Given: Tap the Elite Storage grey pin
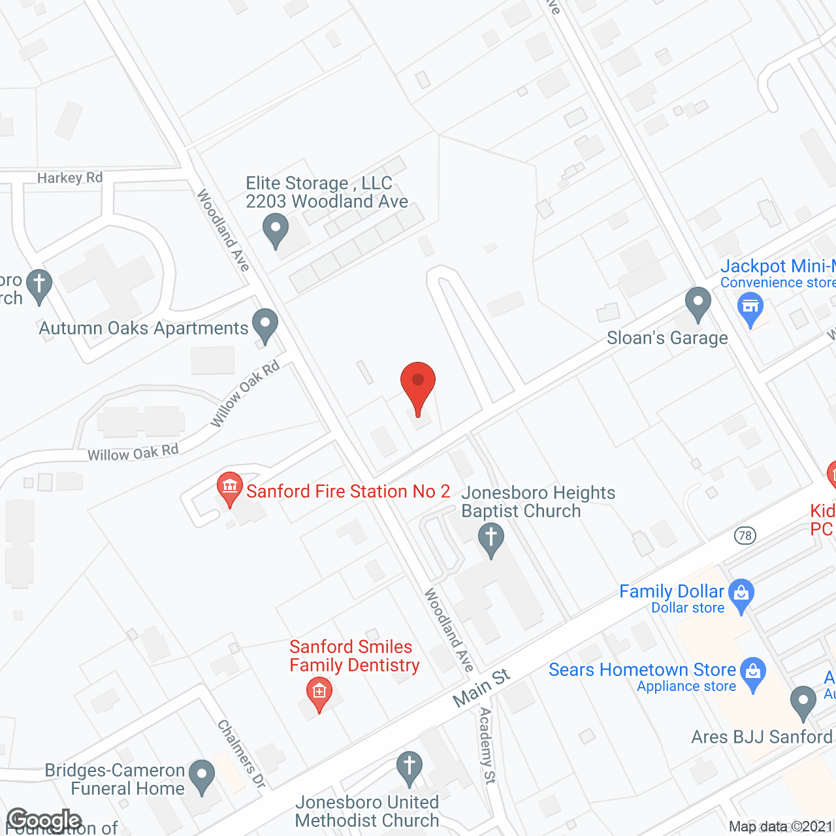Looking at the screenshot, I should click(275, 230).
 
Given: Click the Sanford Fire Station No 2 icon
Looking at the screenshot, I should click(229, 488).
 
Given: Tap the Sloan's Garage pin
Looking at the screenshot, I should click(698, 304).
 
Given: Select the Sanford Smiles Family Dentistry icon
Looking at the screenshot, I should click(319, 692).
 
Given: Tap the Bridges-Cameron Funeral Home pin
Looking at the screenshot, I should click(202, 777).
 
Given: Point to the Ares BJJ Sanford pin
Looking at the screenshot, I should click(803, 701).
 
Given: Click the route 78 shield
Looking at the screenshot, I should click(745, 536).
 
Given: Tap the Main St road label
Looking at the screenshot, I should click(482, 687).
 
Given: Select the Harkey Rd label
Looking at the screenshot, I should click(70, 178).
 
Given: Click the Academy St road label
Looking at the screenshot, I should click(487, 745).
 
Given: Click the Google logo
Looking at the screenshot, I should click(44, 820).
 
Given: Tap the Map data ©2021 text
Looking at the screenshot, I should click(781, 827).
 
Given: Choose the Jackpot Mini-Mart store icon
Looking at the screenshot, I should click(750, 308).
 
